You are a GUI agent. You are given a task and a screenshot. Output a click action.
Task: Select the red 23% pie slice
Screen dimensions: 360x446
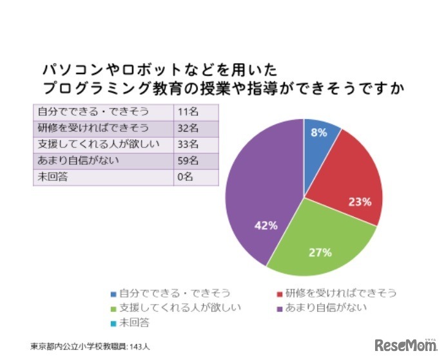click(x=351, y=180)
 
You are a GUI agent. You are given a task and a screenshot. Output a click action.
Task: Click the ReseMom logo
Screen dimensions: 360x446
click(x=406, y=344)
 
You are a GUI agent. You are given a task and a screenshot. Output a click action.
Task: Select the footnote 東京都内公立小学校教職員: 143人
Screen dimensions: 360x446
click(x=90, y=346)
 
